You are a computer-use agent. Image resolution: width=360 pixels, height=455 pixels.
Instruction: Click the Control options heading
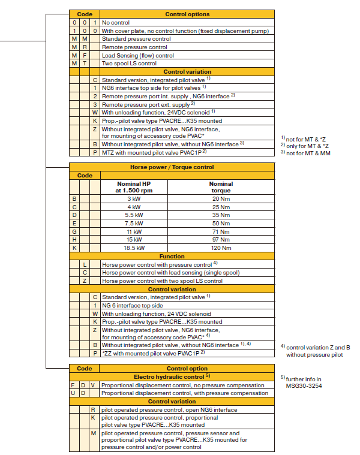187,13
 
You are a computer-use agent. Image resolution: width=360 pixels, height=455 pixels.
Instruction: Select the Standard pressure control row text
136,38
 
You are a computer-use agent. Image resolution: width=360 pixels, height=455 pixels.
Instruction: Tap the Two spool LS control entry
129,64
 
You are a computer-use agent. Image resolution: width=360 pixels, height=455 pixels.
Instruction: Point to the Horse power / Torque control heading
172,167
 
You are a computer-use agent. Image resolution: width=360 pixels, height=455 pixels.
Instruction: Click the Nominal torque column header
221,187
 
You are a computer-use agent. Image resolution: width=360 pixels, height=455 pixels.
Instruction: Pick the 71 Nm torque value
221,231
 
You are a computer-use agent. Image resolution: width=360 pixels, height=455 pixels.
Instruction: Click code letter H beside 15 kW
74,239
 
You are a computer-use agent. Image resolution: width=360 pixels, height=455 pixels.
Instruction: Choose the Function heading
172,256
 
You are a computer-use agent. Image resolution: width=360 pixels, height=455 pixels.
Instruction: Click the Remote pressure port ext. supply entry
144,104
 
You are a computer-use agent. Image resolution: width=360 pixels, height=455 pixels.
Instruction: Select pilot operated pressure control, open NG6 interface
169,410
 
